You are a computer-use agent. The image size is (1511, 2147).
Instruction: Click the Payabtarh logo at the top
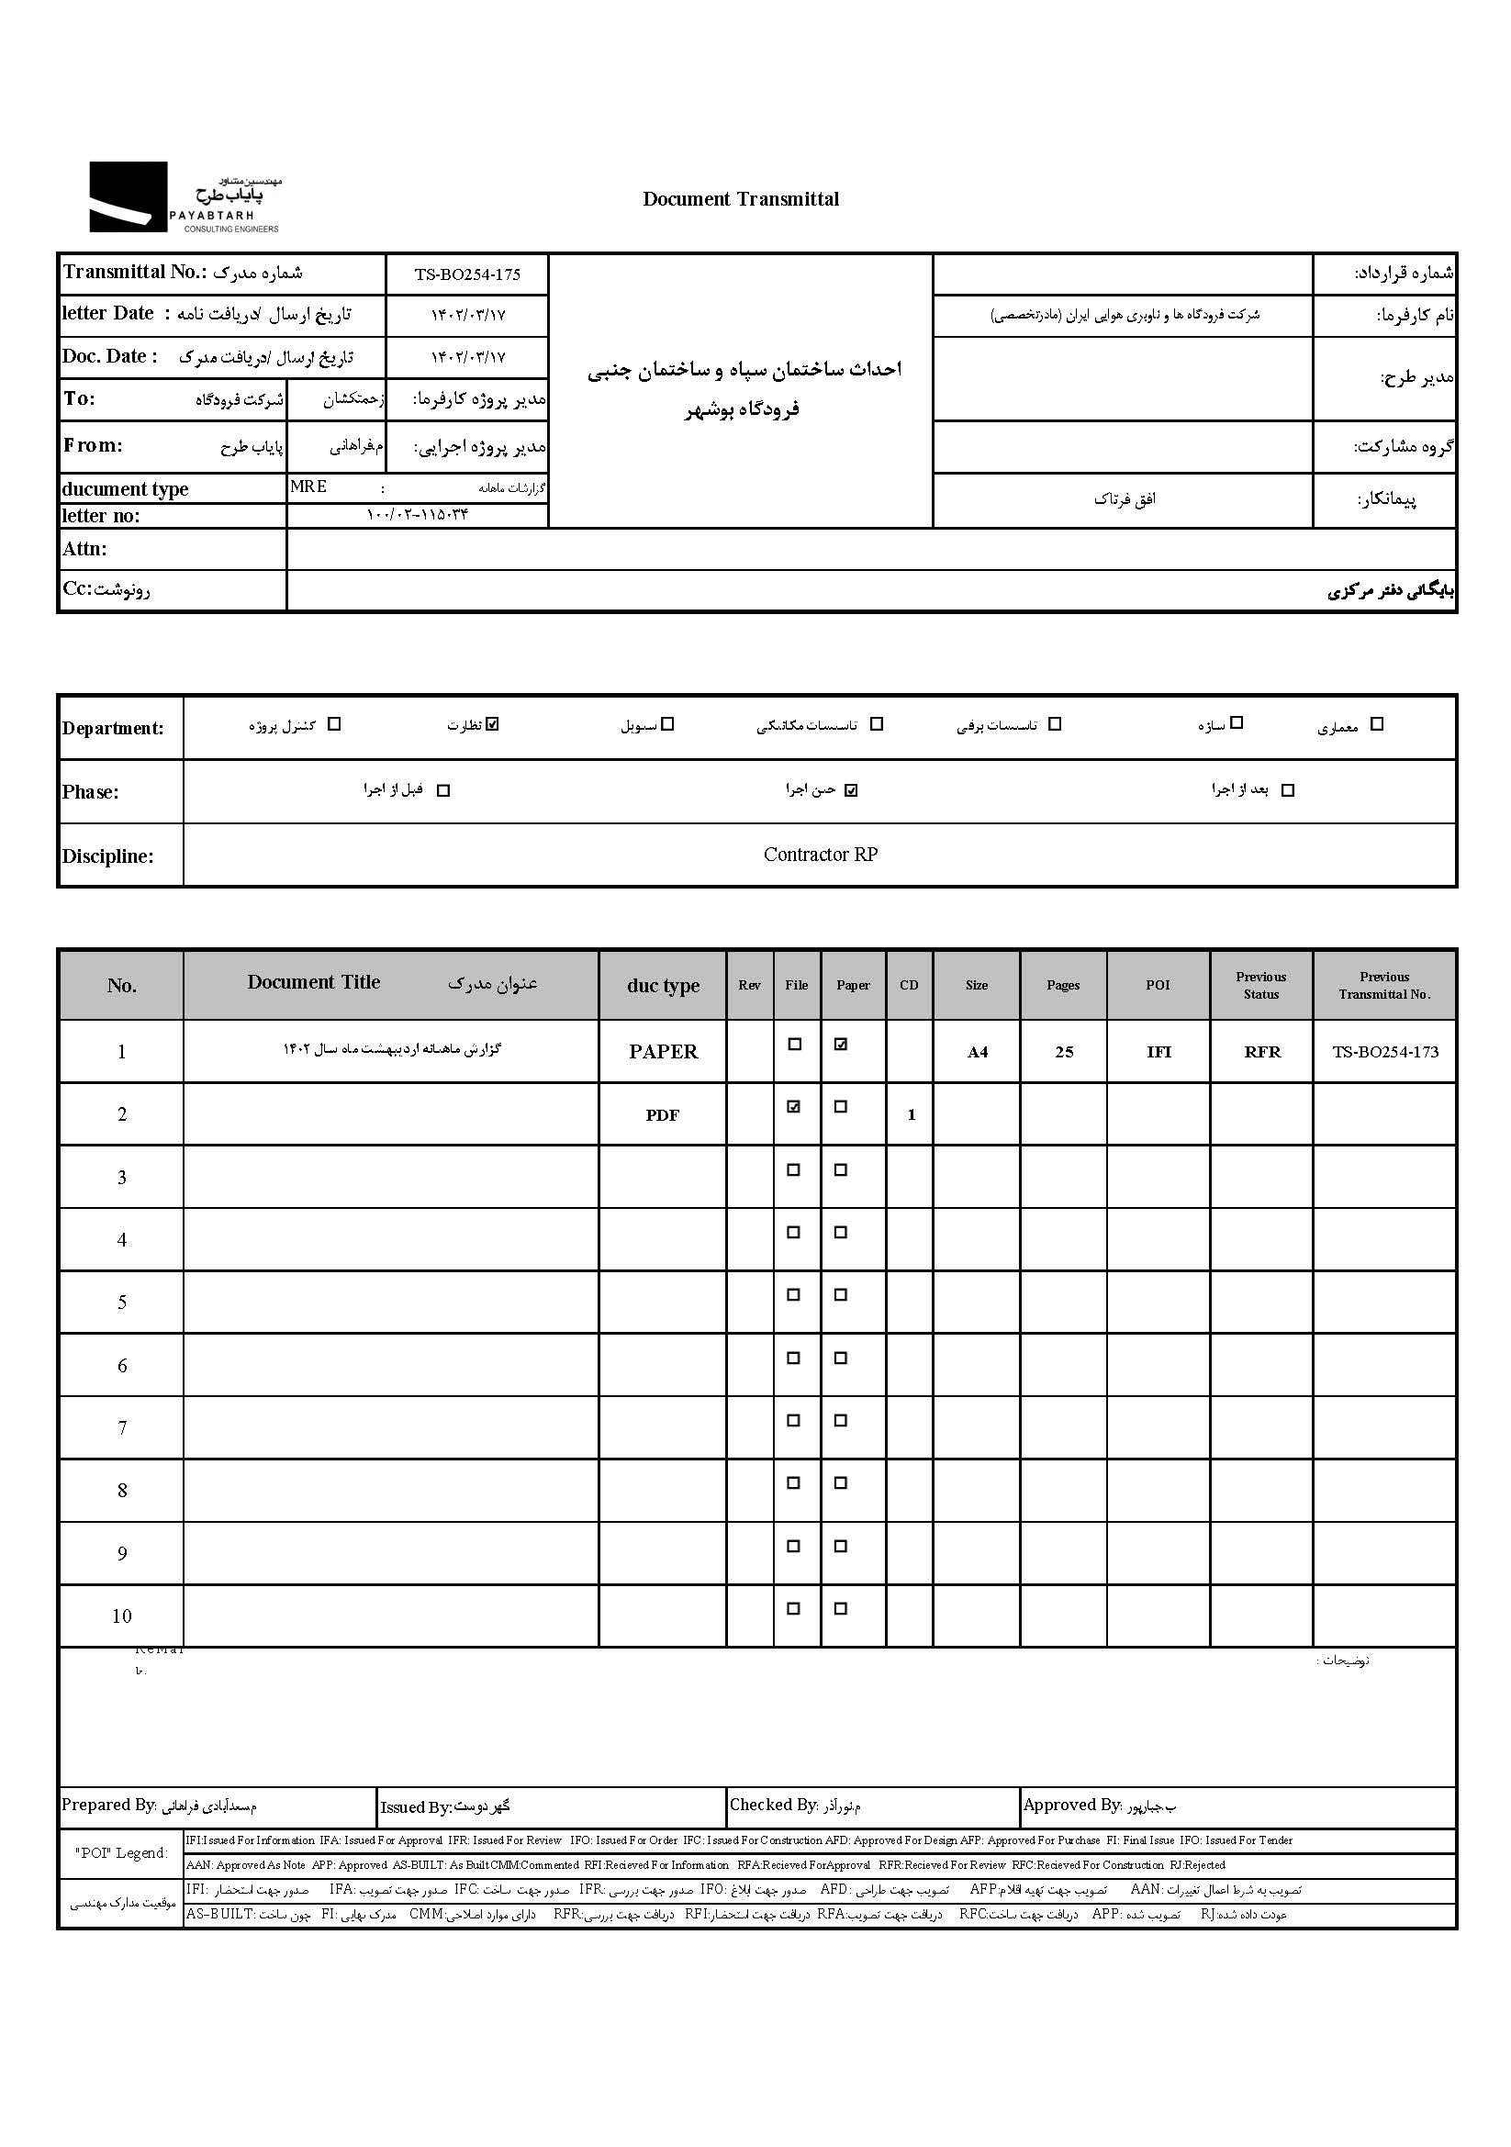[185, 197]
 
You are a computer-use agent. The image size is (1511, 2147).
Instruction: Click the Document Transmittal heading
[741, 199]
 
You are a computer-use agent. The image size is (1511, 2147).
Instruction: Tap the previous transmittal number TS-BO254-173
[1384, 1052]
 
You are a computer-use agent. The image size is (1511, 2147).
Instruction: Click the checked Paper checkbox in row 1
[841, 1045]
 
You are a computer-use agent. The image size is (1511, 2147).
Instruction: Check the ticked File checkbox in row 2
[794, 1107]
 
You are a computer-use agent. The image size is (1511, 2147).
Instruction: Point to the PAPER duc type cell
[663, 1052]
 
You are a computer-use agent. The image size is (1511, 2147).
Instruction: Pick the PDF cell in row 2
[662, 1115]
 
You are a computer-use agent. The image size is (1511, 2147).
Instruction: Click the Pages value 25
[1064, 1052]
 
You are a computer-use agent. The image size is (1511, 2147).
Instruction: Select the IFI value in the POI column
[1158, 1052]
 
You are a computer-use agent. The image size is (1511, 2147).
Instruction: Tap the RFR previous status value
[1261, 1052]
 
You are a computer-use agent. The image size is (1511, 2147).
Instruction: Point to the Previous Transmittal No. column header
[1383, 986]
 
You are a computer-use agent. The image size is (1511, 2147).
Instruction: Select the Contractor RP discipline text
[820, 855]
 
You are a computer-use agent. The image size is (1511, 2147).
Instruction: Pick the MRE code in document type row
[308, 486]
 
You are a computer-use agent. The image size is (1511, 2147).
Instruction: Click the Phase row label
[91, 792]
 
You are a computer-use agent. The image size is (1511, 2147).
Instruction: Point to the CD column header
[909, 986]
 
